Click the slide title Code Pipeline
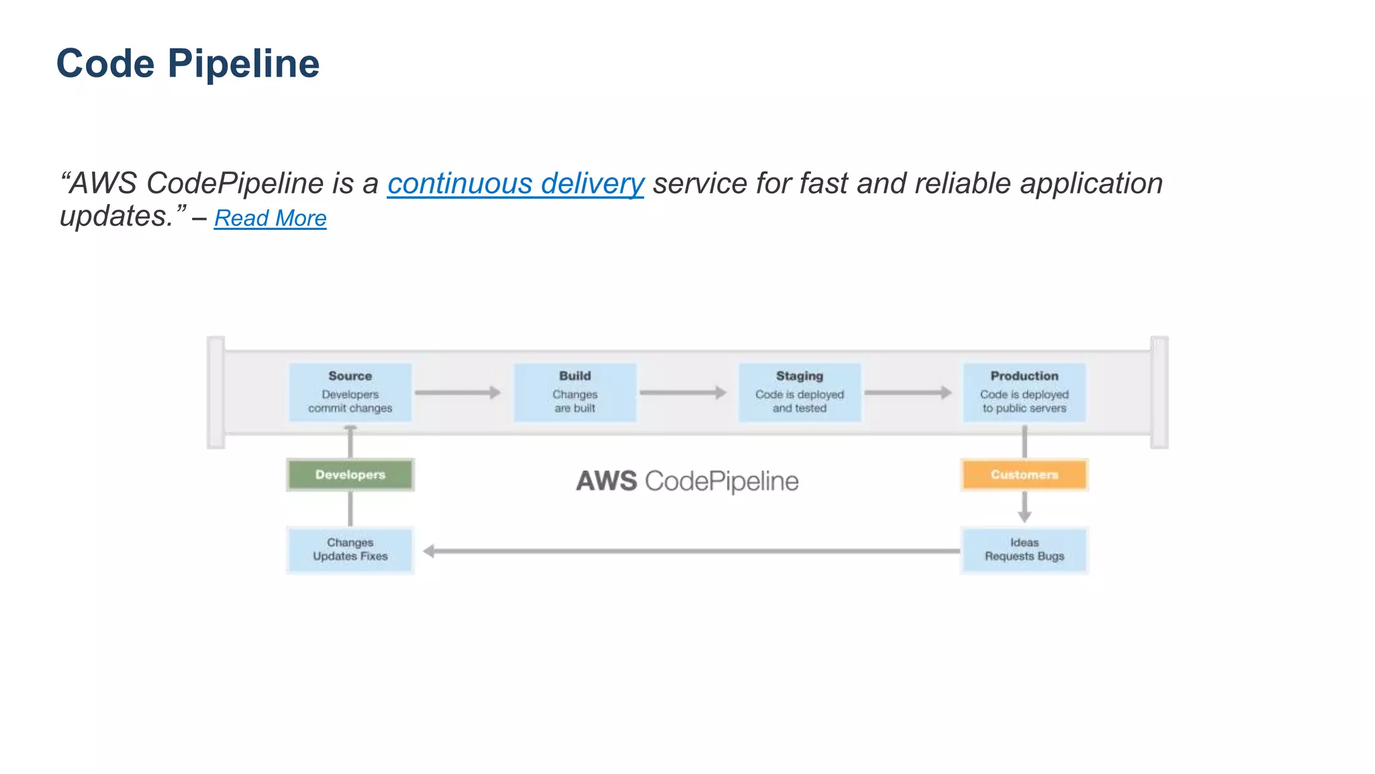click(188, 64)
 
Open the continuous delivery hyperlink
click(515, 183)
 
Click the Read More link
click(270, 218)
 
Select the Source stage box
click(350, 392)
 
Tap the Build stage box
click(575, 392)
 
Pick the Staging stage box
click(799, 392)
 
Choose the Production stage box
click(1024, 392)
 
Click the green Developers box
click(350, 475)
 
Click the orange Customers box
click(1024, 475)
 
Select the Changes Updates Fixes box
click(350, 550)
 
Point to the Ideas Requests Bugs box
click(1024, 550)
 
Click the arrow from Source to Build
click(458, 392)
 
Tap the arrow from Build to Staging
click(683, 392)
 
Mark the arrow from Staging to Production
click(908, 392)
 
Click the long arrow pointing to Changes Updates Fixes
click(692, 551)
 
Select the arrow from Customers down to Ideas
click(1024, 507)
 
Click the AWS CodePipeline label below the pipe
click(687, 481)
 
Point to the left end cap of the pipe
click(216, 392)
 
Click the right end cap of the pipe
click(1159, 392)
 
